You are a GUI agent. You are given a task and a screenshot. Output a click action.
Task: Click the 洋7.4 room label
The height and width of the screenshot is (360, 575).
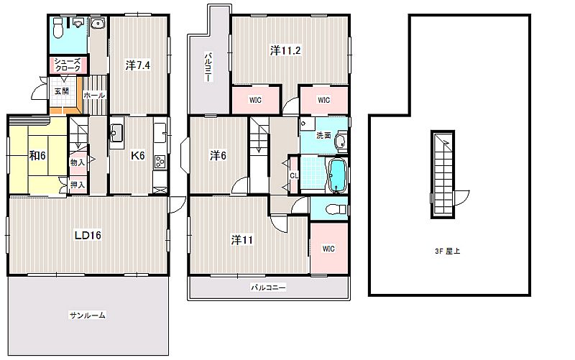point(137,65)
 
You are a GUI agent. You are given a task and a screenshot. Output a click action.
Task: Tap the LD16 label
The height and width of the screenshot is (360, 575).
point(88,235)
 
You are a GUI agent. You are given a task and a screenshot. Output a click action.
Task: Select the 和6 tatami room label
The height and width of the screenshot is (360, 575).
point(37,156)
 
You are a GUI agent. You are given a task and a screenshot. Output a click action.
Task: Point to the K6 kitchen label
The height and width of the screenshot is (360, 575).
point(138,156)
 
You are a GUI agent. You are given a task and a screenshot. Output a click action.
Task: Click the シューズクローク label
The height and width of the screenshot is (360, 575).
point(68,65)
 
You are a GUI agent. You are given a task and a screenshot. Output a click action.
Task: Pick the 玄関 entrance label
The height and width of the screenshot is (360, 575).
point(62,91)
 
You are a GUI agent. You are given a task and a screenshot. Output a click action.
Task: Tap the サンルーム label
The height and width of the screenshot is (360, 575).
point(88,315)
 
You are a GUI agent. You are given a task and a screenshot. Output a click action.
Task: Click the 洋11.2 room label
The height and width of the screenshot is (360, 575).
point(285,50)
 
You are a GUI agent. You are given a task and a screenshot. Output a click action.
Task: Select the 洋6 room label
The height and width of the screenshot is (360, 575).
point(218,156)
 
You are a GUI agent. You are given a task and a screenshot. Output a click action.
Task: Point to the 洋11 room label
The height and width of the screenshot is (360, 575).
point(241,240)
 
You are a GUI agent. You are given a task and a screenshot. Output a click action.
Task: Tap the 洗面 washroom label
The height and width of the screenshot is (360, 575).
point(323,135)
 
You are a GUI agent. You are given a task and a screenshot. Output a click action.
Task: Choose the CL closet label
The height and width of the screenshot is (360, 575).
point(294,176)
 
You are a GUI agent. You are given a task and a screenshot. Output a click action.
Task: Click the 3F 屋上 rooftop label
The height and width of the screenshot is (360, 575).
point(447,251)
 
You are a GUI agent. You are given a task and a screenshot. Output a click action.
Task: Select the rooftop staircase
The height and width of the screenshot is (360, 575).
point(443,175)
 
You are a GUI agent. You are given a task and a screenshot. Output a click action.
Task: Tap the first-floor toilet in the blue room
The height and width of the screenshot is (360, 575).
point(59,28)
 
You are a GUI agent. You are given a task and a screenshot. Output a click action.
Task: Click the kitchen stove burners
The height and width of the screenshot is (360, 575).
point(160,161)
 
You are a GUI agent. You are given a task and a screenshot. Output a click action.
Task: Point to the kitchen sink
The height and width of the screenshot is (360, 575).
point(116,133)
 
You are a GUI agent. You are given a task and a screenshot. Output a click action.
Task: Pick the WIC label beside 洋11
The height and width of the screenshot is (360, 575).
point(328,249)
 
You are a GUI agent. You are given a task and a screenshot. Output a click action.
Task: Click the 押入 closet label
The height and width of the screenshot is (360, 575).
point(78,185)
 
